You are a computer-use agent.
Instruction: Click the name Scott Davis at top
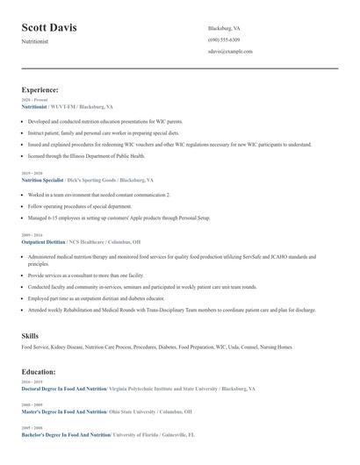point(49,28)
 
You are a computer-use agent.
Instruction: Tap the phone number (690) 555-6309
point(224,40)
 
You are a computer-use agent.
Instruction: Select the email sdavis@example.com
point(230,52)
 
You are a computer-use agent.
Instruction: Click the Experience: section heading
point(40,89)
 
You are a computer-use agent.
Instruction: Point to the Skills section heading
point(30,336)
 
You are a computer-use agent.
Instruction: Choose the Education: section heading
point(40,371)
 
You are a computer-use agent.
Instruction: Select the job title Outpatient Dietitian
point(43,241)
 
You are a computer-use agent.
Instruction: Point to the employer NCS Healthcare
point(90,241)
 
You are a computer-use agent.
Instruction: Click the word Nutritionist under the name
point(35,41)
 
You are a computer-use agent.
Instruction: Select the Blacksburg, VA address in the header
point(224,28)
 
